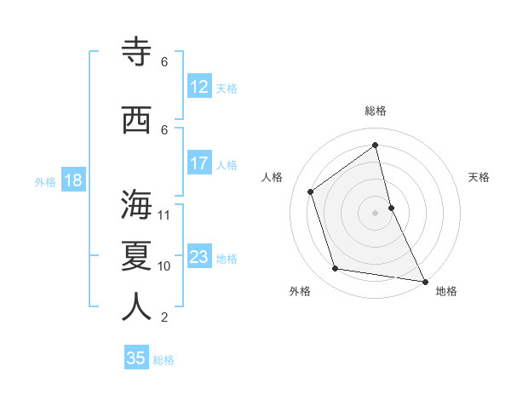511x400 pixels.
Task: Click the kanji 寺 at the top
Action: (x=136, y=52)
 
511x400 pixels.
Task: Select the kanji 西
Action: (x=136, y=120)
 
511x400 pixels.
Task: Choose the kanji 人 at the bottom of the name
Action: (x=136, y=307)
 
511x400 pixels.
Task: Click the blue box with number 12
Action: (x=199, y=88)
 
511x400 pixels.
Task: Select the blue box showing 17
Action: (x=199, y=164)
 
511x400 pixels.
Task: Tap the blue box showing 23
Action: (x=199, y=258)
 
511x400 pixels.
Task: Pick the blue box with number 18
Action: (x=72, y=181)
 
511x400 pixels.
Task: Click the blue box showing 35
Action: (x=136, y=358)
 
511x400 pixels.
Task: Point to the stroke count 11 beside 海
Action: (x=164, y=215)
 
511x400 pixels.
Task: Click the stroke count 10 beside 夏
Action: (x=164, y=266)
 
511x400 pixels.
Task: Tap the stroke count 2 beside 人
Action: (x=164, y=317)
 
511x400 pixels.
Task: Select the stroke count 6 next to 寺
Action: (x=164, y=62)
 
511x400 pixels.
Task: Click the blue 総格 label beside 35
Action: (x=164, y=360)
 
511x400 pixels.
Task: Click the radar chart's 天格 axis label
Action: (x=479, y=177)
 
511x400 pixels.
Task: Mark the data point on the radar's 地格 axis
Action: (x=423, y=281)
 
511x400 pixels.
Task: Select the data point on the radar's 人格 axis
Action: (x=311, y=191)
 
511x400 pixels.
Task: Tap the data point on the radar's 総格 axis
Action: (x=376, y=145)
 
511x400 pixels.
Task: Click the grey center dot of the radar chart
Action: (x=376, y=212)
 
